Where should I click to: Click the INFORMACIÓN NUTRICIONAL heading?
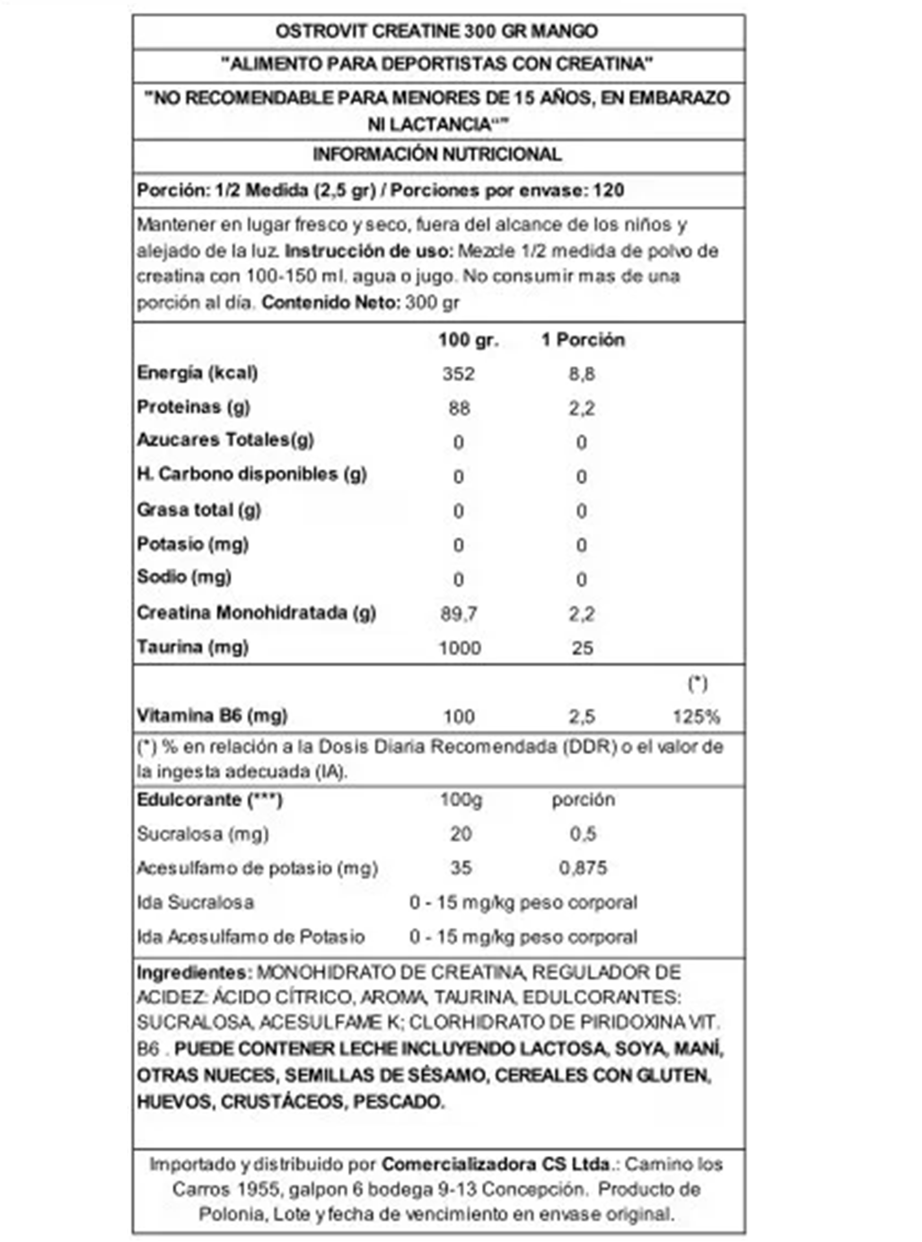(x=437, y=155)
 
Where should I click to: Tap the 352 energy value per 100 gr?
(x=458, y=374)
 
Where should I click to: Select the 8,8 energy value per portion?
(x=581, y=374)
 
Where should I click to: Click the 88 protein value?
(x=459, y=409)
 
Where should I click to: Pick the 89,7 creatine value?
(x=459, y=614)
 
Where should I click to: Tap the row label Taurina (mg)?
(x=193, y=647)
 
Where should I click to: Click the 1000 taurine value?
(x=460, y=648)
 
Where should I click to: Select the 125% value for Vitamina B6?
(x=696, y=717)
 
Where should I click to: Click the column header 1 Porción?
(x=583, y=340)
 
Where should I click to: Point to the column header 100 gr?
(x=468, y=340)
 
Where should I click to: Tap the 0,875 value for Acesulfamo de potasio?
(x=583, y=868)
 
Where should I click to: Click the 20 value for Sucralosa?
(x=461, y=834)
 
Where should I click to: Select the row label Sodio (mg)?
(x=184, y=577)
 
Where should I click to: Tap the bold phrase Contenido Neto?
(x=330, y=303)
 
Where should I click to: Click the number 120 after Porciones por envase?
(x=609, y=190)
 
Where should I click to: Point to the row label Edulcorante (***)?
(x=210, y=800)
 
